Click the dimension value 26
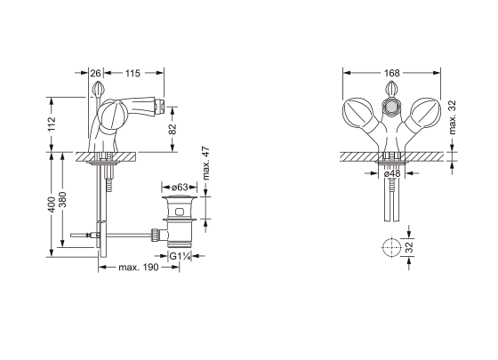tap(95, 73)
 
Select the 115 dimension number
tap(133, 73)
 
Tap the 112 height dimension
tap(52, 124)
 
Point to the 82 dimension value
tap(173, 129)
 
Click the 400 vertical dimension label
tap(52, 204)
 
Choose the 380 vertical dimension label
tap(63, 199)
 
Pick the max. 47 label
tap(206, 164)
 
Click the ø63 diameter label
tap(180, 188)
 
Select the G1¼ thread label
tap(180, 256)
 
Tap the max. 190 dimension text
tap(139, 268)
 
